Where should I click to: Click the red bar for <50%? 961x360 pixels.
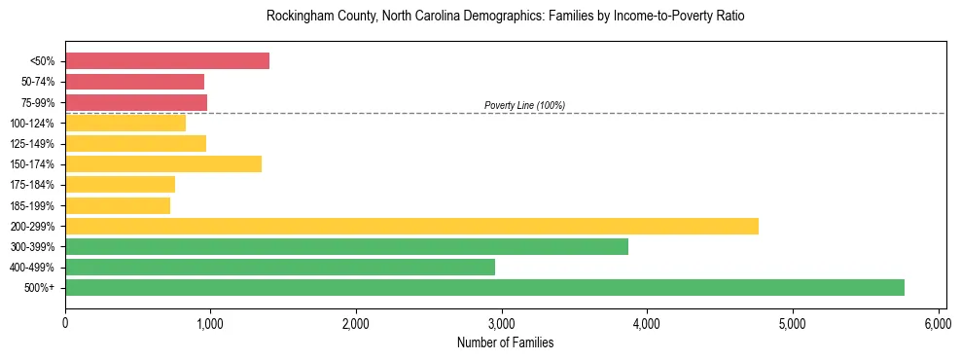pyautogui.click(x=166, y=61)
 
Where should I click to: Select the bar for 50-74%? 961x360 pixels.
pyautogui.click(x=134, y=82)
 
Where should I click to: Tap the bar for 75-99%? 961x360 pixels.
pyautogui.click(x=136, y=102)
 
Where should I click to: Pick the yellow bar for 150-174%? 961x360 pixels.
pyautogui.click(x=163, y=164)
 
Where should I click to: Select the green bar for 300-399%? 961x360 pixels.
pyautogui.click(x=346, y=246)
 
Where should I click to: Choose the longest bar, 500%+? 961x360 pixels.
pyautogui.click(x=484, y=287)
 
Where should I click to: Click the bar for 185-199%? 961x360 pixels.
pyautogui.click(x=118, y=205)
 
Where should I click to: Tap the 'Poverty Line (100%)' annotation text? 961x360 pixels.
pyautogui.click(x=524, y=105)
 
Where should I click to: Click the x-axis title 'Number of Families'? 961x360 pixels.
pyautogui.click(x=505, y=342)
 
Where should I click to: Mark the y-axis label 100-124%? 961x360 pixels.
pyautogui.click(x=37, y=124)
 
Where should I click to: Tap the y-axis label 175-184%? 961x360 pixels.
pyautogui.click(x=37, y=185)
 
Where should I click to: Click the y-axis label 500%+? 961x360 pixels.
pyautogui.click(x=42, y=288)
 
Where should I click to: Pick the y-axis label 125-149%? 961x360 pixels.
pyautogui.click(x=37, y=144)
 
